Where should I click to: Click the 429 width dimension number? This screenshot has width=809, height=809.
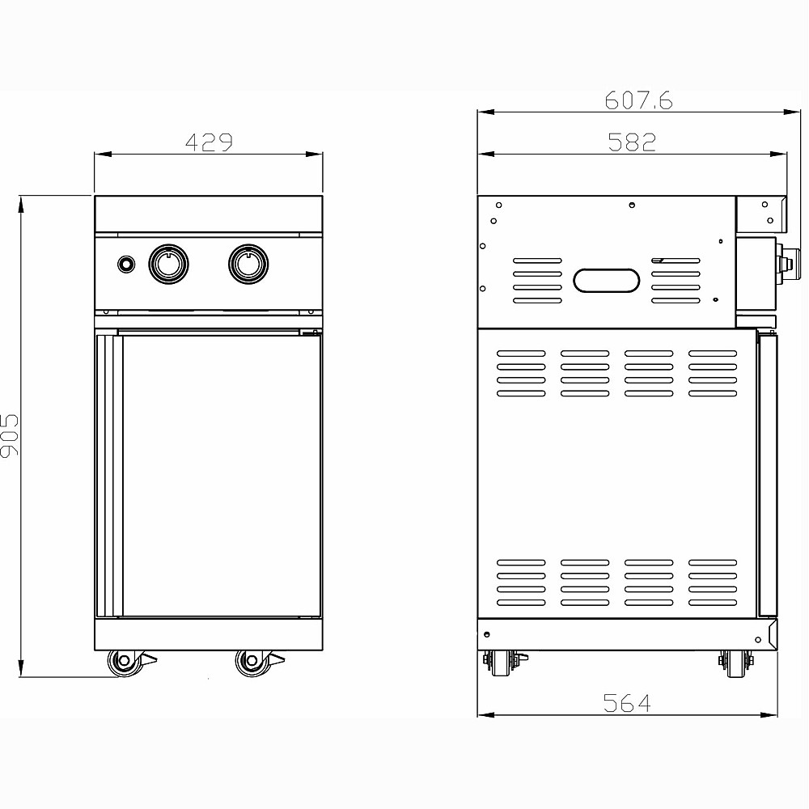pos(209,142)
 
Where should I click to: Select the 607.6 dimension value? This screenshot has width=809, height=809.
pos(639,100)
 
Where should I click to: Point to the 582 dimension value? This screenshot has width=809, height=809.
pos(632,142)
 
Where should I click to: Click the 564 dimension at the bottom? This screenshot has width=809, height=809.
pos(627,703)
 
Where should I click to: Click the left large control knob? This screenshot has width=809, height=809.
pos(169,264)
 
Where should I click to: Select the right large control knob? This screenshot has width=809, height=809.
pos(248,264)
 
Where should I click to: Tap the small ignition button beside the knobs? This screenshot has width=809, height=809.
pos(125,265)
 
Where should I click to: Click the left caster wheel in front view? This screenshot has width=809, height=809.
pos(125,662)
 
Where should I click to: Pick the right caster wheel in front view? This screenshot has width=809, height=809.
pos(252,662)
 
